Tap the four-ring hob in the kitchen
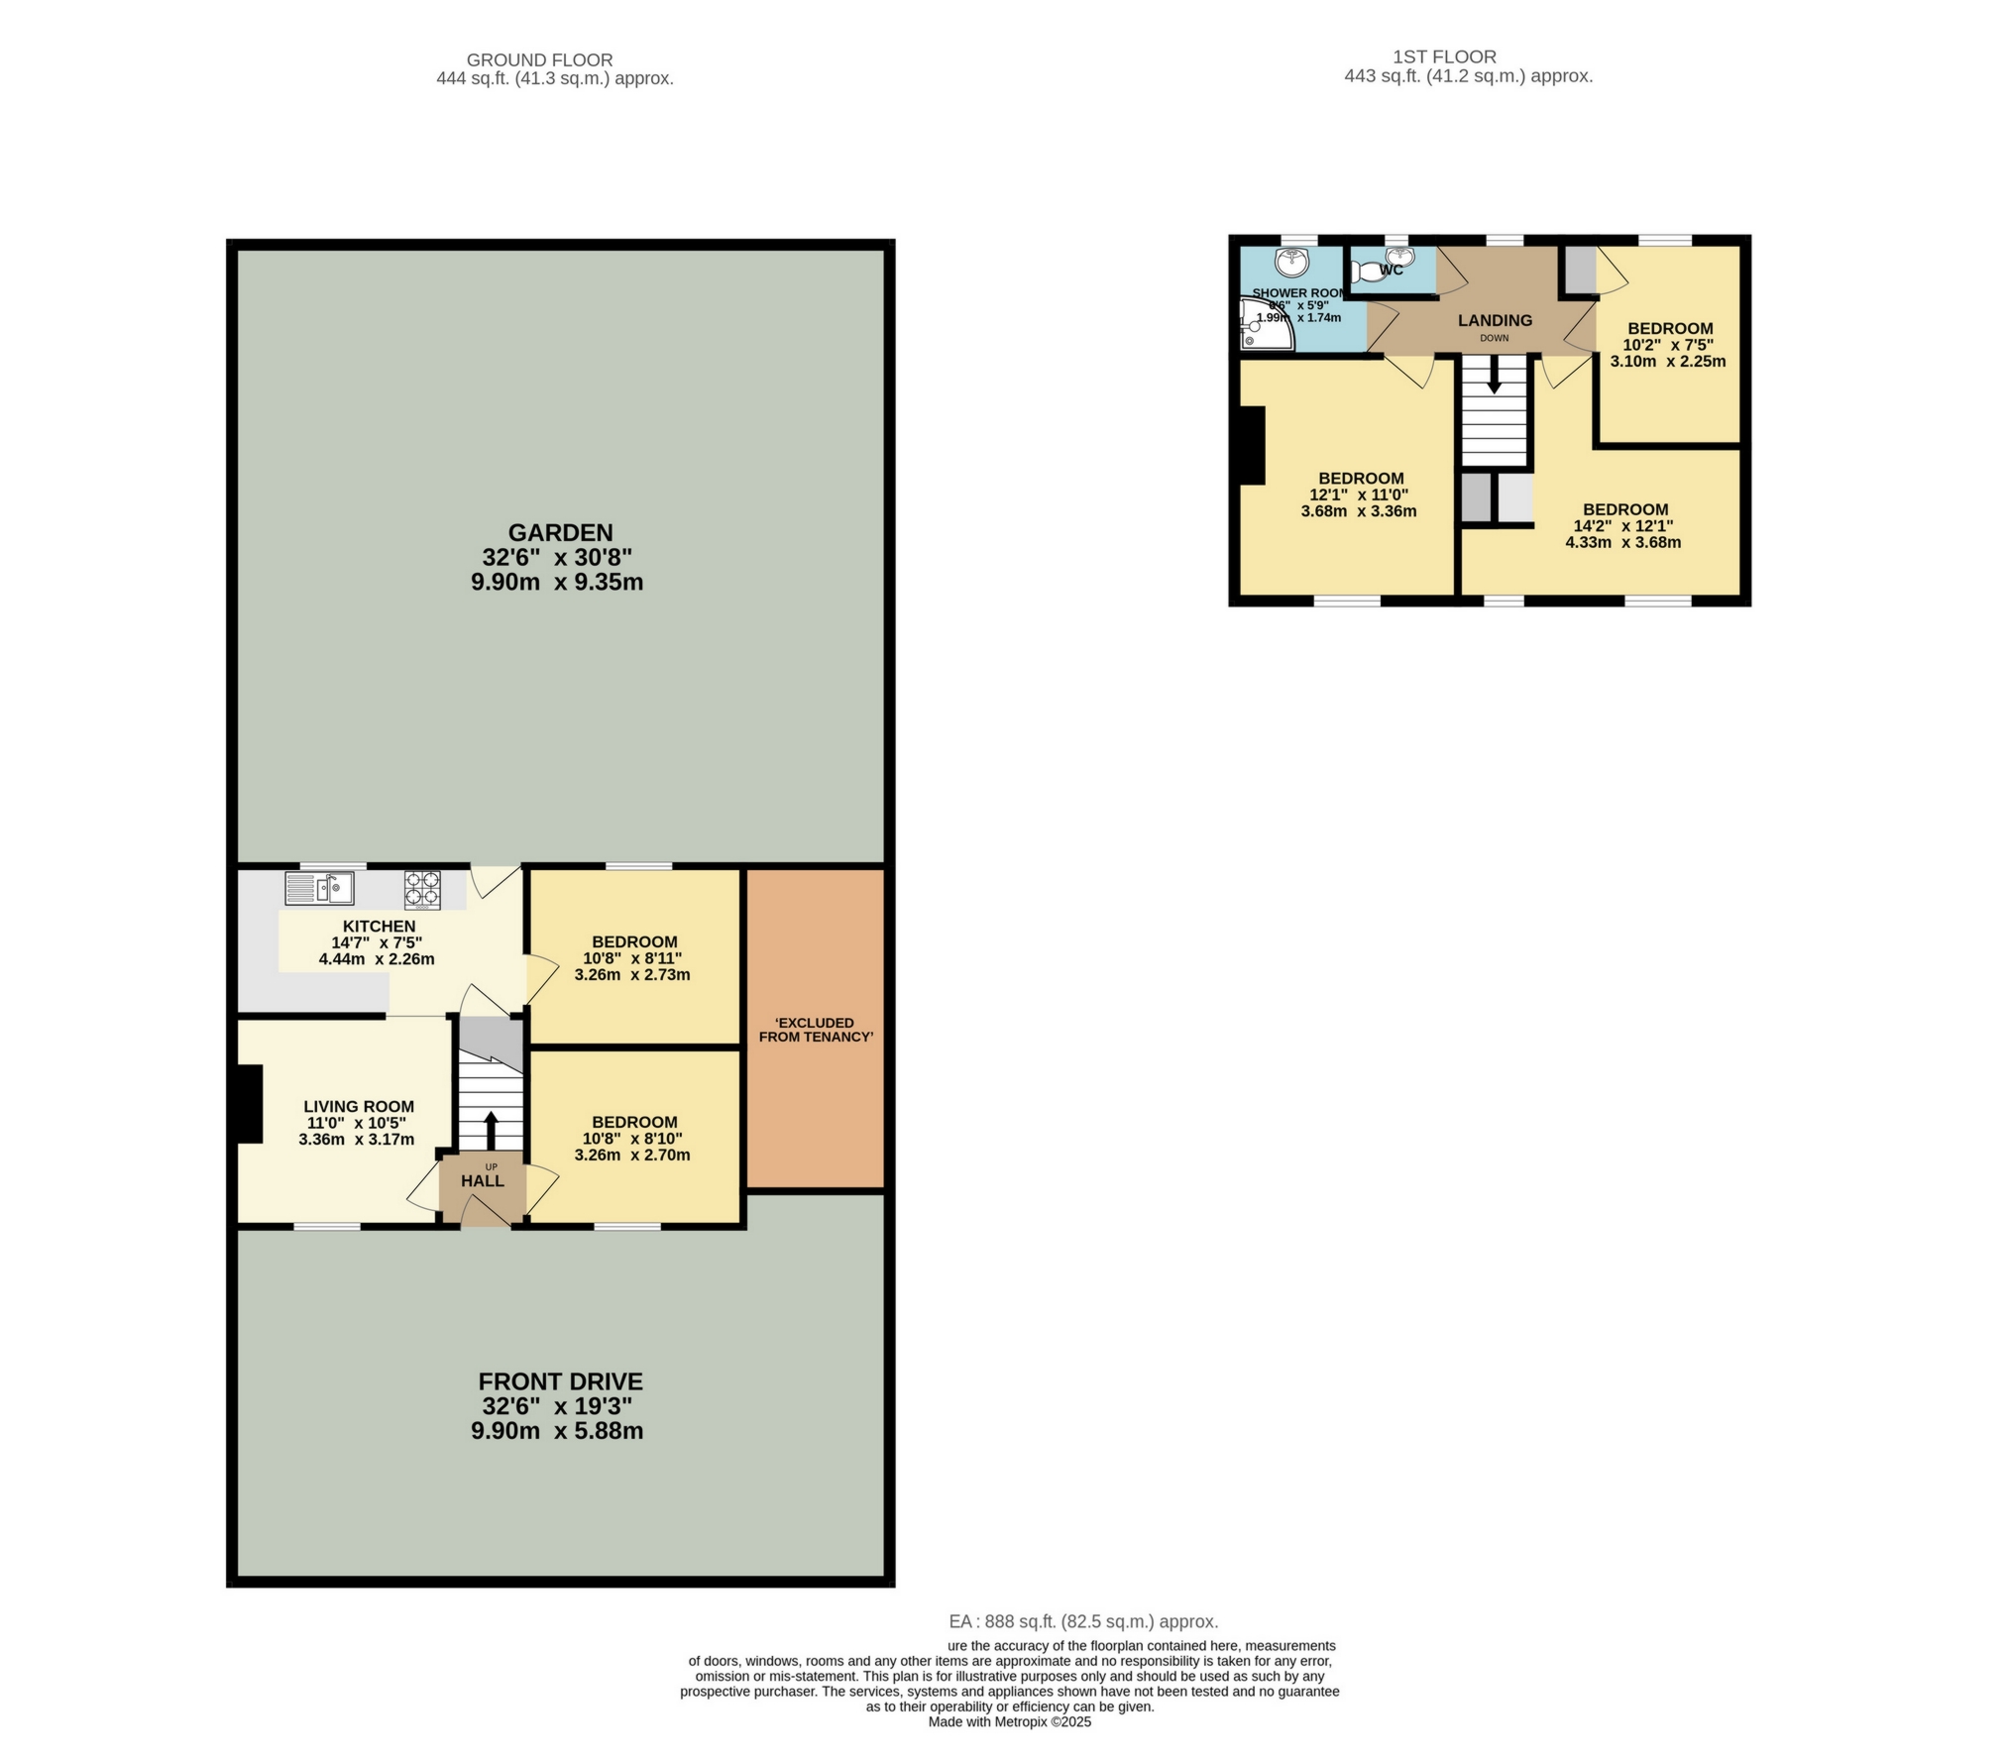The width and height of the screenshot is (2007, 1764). pos(422,890)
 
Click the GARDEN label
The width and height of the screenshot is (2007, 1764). pos(560,533)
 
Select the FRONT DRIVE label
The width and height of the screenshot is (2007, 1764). pos(560,1381)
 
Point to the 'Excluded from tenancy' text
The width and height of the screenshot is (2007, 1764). pos(815,1030)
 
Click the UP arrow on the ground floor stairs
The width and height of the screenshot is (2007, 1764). pos(491,1129)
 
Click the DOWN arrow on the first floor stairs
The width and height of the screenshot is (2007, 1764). pos(1495,376)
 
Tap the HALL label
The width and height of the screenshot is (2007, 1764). pos(483,1181)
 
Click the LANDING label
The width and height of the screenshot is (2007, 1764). pos(1495,320)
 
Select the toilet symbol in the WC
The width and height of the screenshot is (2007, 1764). pos(1368,271)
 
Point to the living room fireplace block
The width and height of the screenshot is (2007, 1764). pos(249,1104)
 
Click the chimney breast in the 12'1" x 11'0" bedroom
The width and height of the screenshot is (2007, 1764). pos(1252,446)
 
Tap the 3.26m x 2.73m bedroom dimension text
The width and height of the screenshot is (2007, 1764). pos(632,974)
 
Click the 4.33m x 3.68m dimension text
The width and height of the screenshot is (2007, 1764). pos(1623,542)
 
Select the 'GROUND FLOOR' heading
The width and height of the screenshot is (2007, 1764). pos(539,60)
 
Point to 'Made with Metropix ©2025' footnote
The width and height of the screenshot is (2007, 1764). pos(1010,1722)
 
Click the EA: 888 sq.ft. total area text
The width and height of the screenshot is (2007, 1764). pos(1083,1622)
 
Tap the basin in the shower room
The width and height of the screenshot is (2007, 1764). pos(1292,263)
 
